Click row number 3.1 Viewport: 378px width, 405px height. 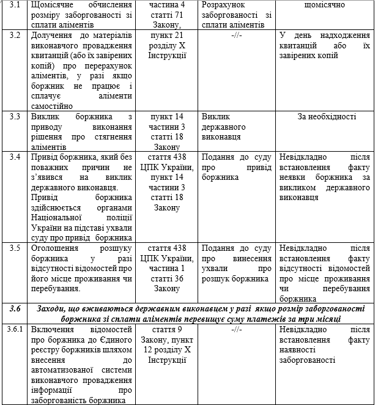click(15, 5)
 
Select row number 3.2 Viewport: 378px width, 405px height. click(15, 35)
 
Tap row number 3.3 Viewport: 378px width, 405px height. click(15, 116)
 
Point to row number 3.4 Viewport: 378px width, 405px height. click(15, 157)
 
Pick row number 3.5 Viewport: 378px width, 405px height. click(15, 248)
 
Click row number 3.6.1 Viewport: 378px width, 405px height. click(15, 330)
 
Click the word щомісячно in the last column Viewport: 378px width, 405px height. click(324, 5)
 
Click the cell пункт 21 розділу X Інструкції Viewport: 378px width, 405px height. click(168, 45)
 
